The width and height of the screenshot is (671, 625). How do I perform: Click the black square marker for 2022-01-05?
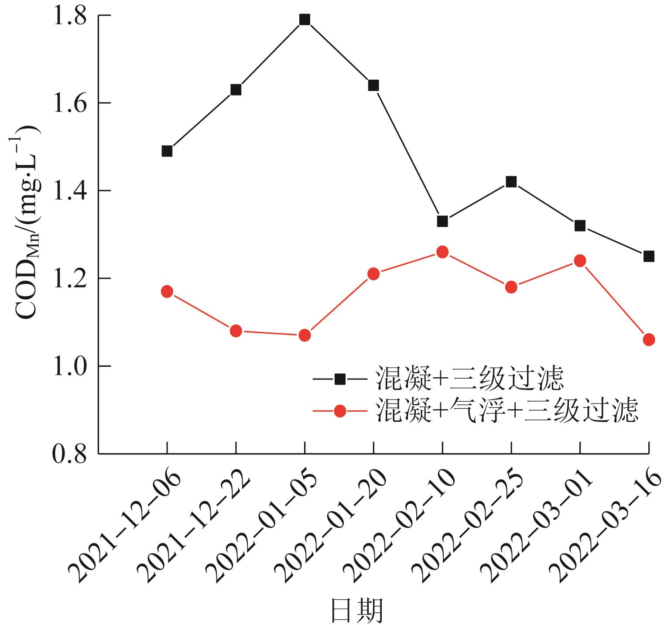click(305, 20)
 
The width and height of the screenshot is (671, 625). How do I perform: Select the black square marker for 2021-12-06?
click(167, 151)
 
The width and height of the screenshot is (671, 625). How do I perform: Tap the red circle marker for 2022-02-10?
click(442, 252)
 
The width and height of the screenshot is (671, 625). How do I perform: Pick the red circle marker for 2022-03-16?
click(649, 339)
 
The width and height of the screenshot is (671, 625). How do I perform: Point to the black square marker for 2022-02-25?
click(511, 182)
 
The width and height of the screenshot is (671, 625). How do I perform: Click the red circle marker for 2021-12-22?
click(236, 331)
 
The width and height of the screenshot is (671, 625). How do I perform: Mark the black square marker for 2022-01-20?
click(373, 85)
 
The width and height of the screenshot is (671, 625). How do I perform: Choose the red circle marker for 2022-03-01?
click(580, 261)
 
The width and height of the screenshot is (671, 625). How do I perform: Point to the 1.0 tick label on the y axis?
click(70, 366)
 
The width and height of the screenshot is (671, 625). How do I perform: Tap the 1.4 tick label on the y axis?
click(70, 191)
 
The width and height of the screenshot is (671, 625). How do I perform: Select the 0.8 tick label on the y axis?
click(70, 454)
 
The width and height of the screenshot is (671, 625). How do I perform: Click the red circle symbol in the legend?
click(339, 411)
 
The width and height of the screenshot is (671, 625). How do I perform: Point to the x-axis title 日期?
click(357, 611)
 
